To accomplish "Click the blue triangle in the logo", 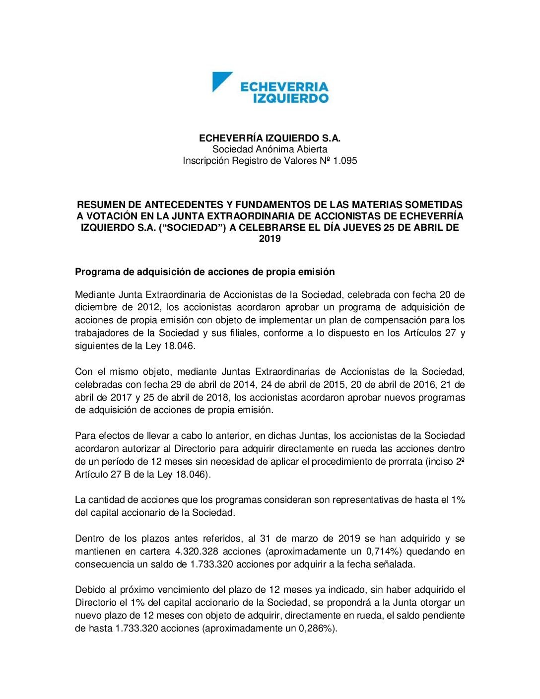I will [x=220, y=80].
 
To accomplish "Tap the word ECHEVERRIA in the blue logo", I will [x=284, y=87].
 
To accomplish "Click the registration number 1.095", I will [x=345, y=161].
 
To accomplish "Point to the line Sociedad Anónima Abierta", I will [x=270, y=149].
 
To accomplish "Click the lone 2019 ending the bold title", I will [x=270, y=239].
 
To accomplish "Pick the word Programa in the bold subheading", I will [x=94, y=272].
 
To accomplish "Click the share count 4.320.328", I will [x=198, y=552].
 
